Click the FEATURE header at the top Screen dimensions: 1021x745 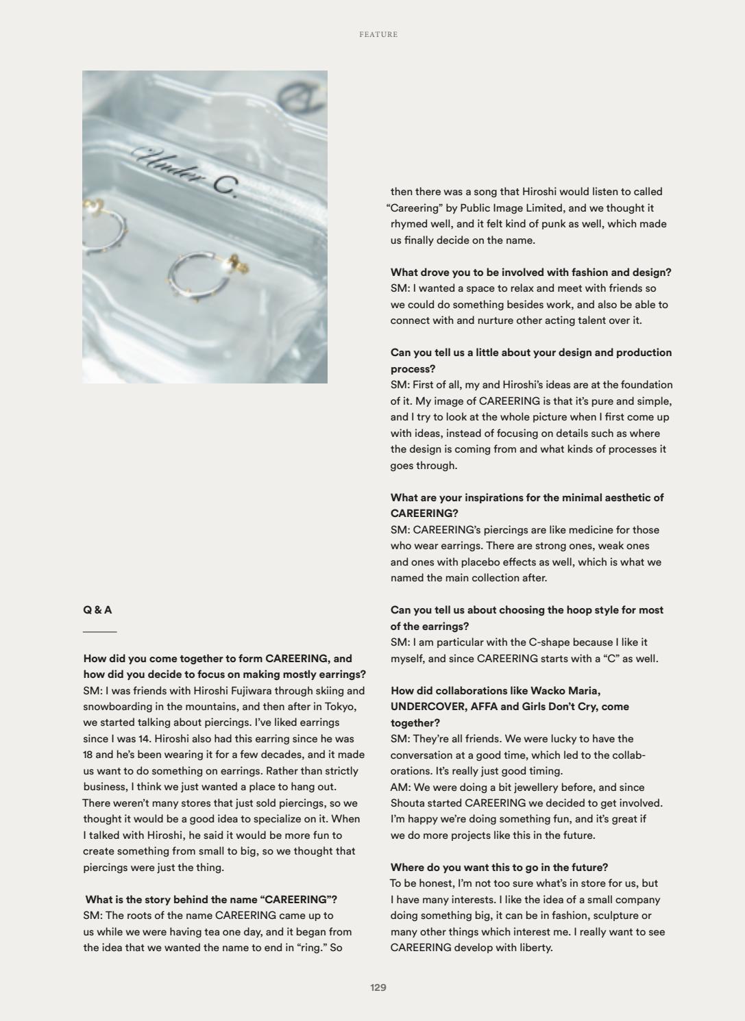(x=378, y=34)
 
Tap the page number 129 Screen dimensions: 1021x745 (x=378, y=987)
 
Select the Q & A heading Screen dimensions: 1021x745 (x=97, y=609)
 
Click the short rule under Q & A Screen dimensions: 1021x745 (x=100, y=631)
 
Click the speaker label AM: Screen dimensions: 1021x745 (x=400, y=787)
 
